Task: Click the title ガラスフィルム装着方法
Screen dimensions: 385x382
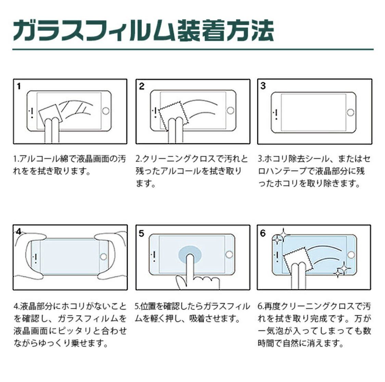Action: pos(143,30)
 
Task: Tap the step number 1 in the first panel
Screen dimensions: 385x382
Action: pos(19,87)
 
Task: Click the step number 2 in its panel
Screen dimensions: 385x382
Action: pos(142,86)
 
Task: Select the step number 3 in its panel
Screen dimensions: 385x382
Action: pos(263,86)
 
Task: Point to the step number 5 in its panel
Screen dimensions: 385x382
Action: pos(141,234)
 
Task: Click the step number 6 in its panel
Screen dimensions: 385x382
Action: pos(263,233)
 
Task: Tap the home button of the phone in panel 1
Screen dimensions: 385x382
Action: pos(106,111)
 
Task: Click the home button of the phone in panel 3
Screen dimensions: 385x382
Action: pos(350,112)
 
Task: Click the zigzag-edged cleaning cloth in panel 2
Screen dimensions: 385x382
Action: pos(173,114)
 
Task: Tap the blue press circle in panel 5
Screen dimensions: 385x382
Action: pos(190,255)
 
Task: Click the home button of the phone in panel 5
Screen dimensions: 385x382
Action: pos(229,254)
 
